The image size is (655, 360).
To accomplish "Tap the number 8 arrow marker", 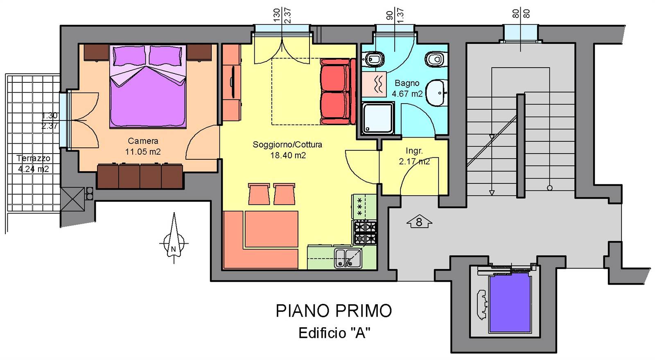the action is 419,222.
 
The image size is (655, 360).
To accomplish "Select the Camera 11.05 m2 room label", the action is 143,146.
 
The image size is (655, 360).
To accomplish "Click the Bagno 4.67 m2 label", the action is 407,88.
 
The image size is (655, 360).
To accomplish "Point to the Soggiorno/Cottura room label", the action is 287,145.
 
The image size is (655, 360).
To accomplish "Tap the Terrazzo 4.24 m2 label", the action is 33,163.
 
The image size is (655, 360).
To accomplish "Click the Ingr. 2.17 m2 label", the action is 414,156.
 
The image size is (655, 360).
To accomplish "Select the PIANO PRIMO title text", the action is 334,310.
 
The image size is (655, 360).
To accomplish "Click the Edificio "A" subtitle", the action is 334,333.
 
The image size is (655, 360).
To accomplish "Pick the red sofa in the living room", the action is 338,91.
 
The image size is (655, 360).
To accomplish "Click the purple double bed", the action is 148,86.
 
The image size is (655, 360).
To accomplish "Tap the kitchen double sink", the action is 348,258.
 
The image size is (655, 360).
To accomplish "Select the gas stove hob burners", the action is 365,233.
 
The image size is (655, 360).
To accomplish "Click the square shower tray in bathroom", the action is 378,118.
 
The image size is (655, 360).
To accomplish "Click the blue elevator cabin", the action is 510,305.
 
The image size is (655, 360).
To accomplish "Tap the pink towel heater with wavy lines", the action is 374,84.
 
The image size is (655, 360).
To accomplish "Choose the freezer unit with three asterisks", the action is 364,207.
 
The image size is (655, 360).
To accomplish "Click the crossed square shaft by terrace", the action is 72,199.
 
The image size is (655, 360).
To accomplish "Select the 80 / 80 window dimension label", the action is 521,14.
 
